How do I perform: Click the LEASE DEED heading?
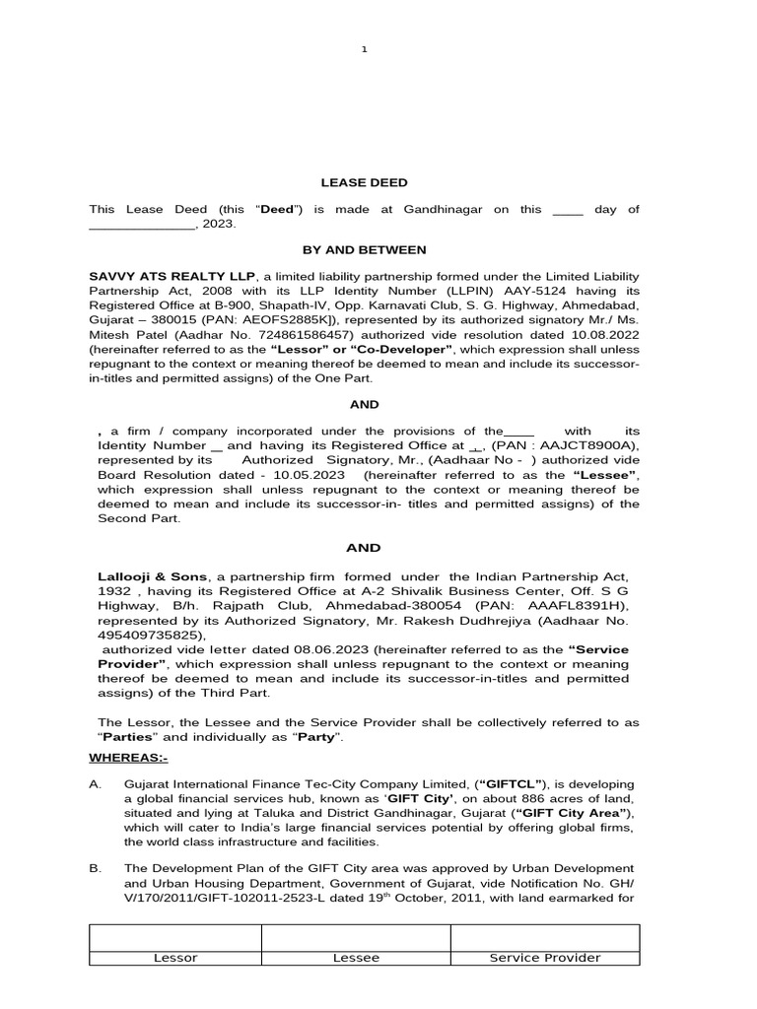pyautogui.click(x=364, y=182)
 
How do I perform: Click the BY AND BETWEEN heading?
pyautogui.click(x=364, y=250)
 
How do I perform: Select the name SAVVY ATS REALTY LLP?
pyautogui.click(x=172, y=277)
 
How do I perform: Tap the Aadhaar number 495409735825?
pyautogui.click(x=140, y=636)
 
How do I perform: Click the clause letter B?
pyautogui.click(x=95, y=870)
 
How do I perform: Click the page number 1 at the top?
pyautogui.click(x=364, y=50)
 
